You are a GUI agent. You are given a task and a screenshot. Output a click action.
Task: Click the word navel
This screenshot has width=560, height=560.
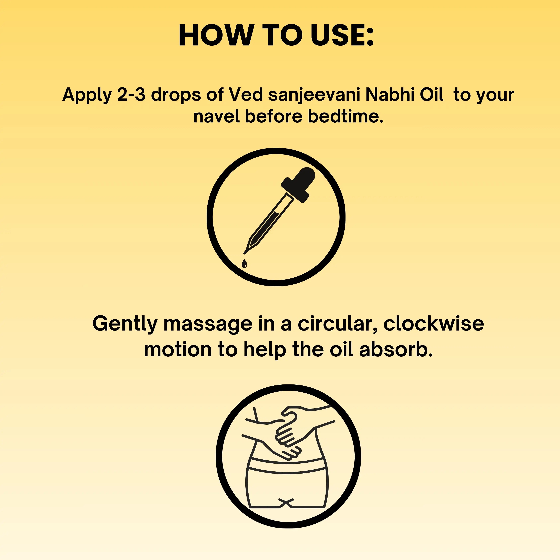point(216,116)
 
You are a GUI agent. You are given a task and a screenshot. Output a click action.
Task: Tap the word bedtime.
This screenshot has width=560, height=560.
point(345,116)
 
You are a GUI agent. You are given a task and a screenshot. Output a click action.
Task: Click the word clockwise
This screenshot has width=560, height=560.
point(434,324)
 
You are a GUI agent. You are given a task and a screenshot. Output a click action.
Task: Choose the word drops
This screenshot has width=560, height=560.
point(176,95)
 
